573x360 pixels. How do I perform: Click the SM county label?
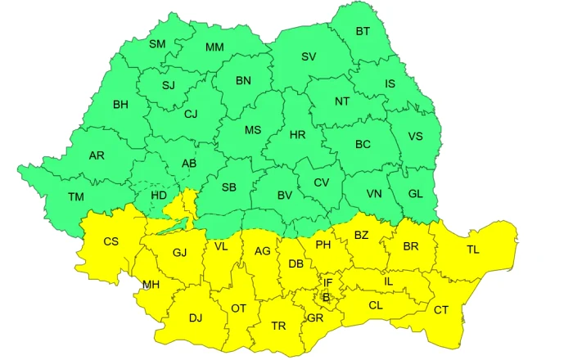(157, 43)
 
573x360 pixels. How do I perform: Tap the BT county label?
(363, 31)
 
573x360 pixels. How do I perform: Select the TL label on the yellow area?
(473, 250)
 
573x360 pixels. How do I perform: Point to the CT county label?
(441, 309)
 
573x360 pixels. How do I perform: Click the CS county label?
(111, 241)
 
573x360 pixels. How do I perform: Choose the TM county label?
(76, 196)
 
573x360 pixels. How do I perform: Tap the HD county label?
(160, 196)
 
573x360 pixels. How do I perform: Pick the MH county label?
(151, 285)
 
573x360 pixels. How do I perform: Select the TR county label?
(278, 326)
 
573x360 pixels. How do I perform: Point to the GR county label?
(315, 317)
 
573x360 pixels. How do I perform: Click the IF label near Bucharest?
(327, 282)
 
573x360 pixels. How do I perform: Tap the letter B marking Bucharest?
(326, 297)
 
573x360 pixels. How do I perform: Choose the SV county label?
(309, 56)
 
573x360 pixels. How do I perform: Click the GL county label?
(416, 193)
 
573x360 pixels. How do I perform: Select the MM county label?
(214, 47)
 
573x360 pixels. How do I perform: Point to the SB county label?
(229, 187)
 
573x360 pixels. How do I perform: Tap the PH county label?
(323, 244)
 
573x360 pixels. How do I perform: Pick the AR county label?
(97, 155)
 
